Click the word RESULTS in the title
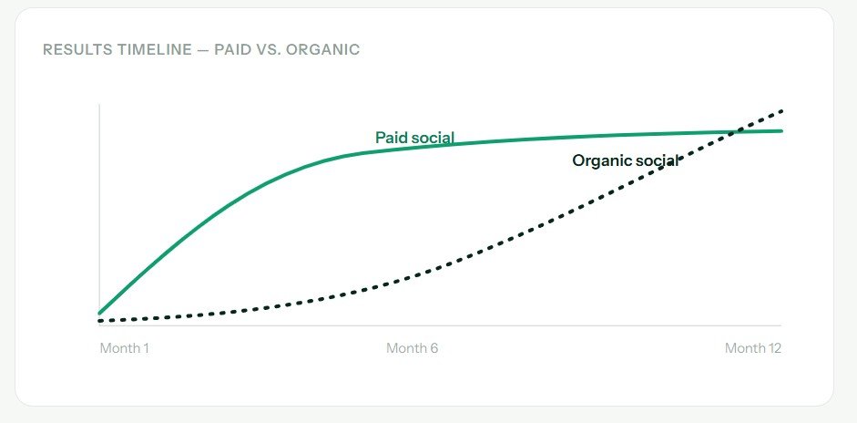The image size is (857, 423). (x=77, y=50)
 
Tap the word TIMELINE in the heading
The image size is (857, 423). (x=154, y=50)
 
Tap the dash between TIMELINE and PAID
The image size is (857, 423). (x=203, y=50)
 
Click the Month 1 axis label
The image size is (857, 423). (x=124, y=348)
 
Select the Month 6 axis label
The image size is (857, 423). (x=412, y=348)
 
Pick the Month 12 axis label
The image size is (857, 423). (x=753, y=348)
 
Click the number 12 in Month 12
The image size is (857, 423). (x=774, y=348)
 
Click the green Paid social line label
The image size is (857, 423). (x=414, y=138)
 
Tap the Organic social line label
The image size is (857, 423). (x=626, y=160)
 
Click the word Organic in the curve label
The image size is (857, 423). (x=599, y=161)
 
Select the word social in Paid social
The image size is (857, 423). (x=433, y=138)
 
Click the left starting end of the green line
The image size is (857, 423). (x=99, y=314)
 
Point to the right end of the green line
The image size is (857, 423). (x=781, y=130)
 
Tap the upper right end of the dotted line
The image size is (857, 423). (x=782, y=110)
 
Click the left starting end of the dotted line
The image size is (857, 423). (x=99, y=321)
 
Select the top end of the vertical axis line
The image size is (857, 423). (x=99, y=104)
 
